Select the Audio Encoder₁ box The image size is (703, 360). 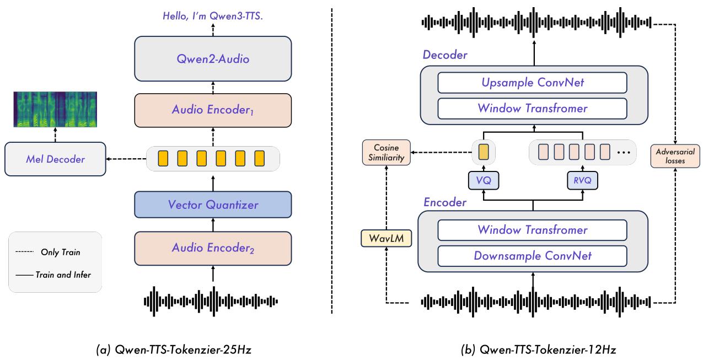click(213, 110)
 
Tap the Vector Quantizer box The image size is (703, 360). click(213, 205)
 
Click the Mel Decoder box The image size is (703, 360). click(55, 159)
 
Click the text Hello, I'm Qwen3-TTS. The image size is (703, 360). click(213, 17)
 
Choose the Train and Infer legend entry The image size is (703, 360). click(55, 274)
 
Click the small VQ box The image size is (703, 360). click(484, 180)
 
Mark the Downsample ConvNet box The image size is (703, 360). click(533, 255)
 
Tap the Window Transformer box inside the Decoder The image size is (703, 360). click(533, 108)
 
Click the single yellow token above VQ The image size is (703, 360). click(484, 151)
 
